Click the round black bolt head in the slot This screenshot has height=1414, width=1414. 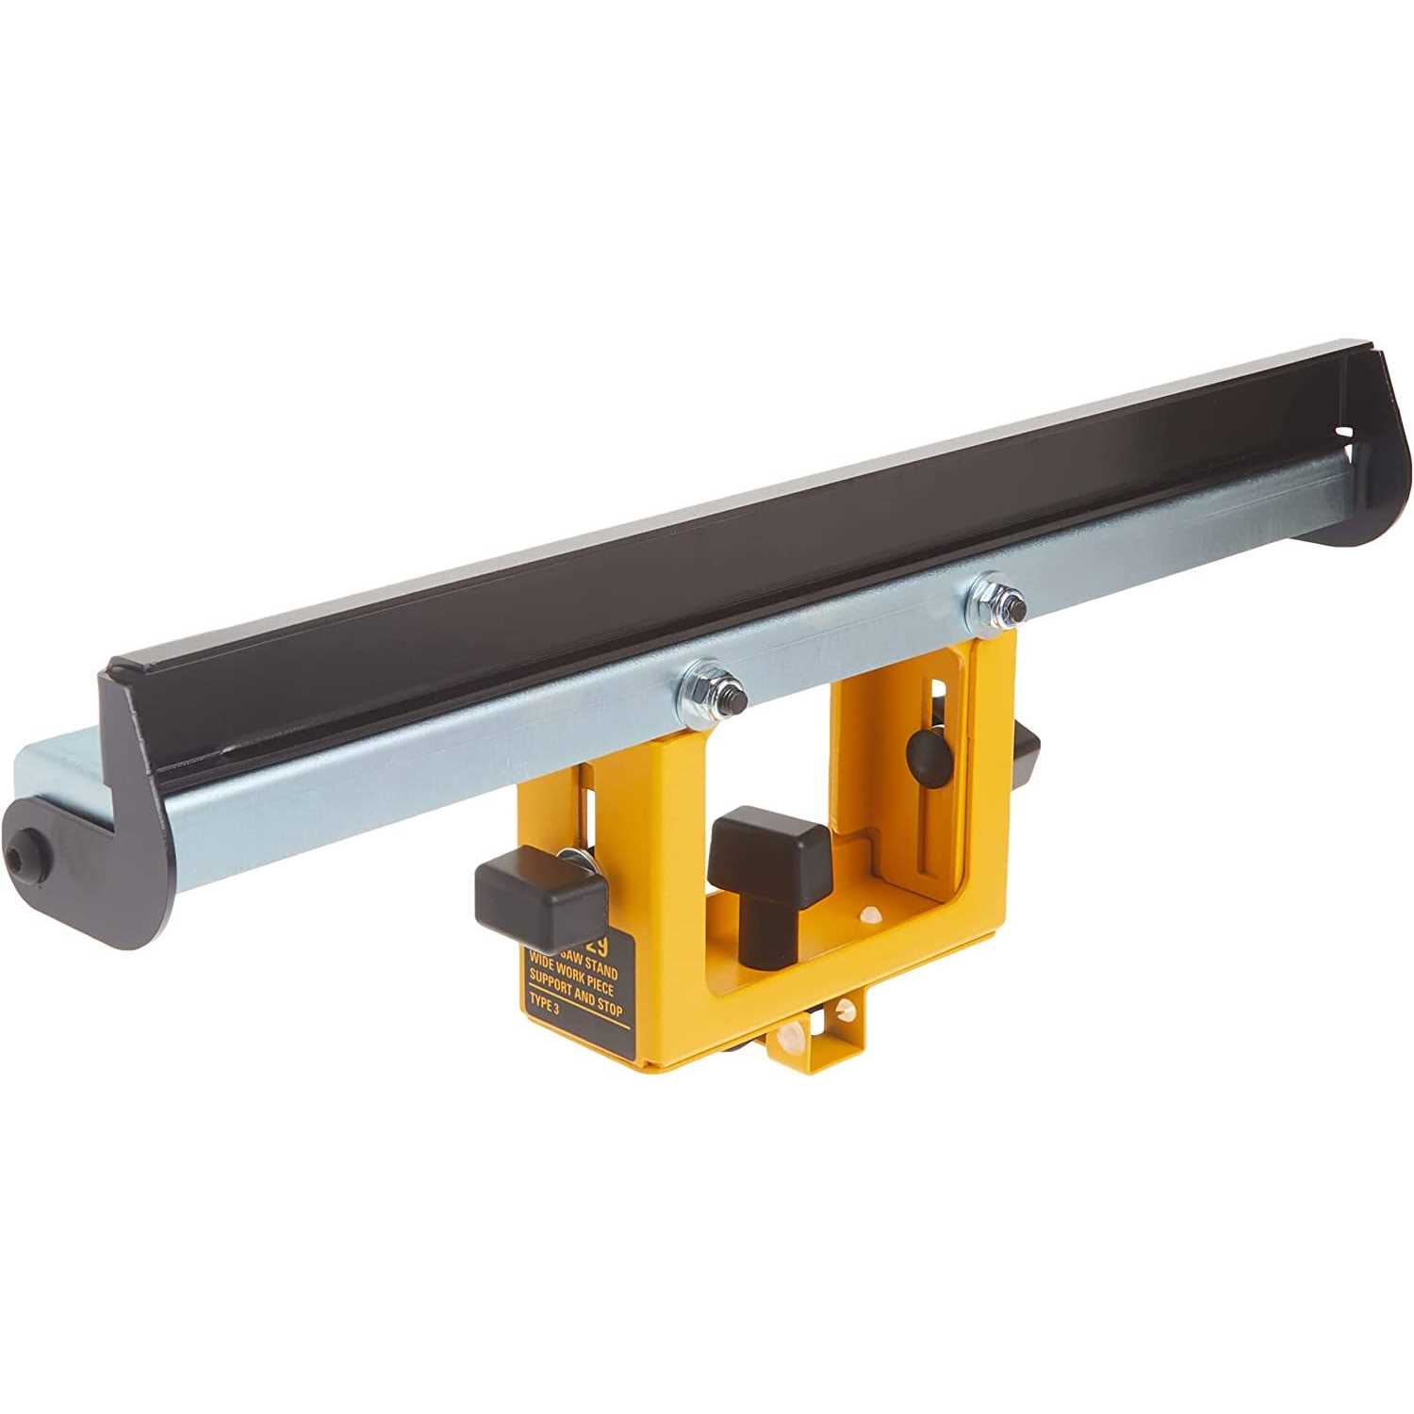(x=928, y=752)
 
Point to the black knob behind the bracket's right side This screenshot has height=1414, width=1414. (x=1026, y=749)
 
